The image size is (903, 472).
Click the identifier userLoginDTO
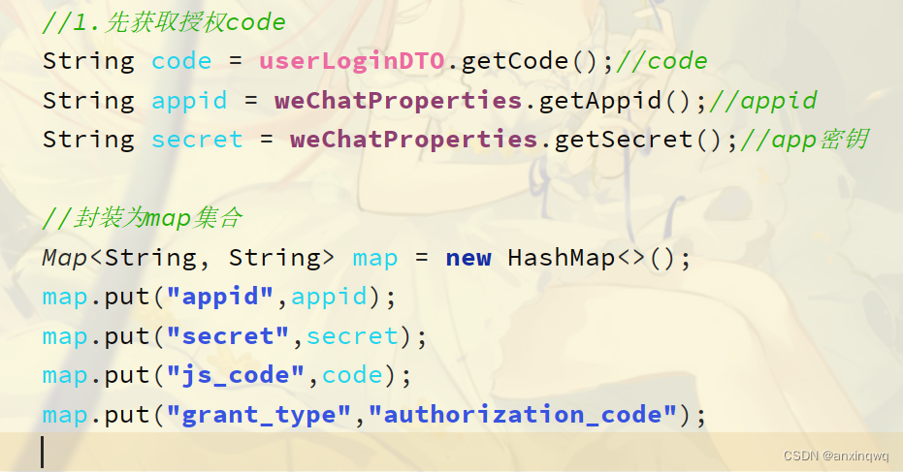(x=351, y=61)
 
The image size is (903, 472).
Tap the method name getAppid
(x=601, y=101)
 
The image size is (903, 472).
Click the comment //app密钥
(x=802, y=140)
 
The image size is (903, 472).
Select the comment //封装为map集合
(x=141, y=218)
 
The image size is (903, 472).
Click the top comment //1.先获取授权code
(x=164, y=21)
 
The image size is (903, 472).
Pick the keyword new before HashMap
(x=468, y=258)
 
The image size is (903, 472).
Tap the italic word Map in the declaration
(x=64, y=258)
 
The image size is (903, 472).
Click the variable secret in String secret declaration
(x=197, y=140)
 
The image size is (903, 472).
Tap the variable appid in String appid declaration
(x=189, y=101)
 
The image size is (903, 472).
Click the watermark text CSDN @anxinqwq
(x=836, y=454)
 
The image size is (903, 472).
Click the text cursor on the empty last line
(x=43, y=453)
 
